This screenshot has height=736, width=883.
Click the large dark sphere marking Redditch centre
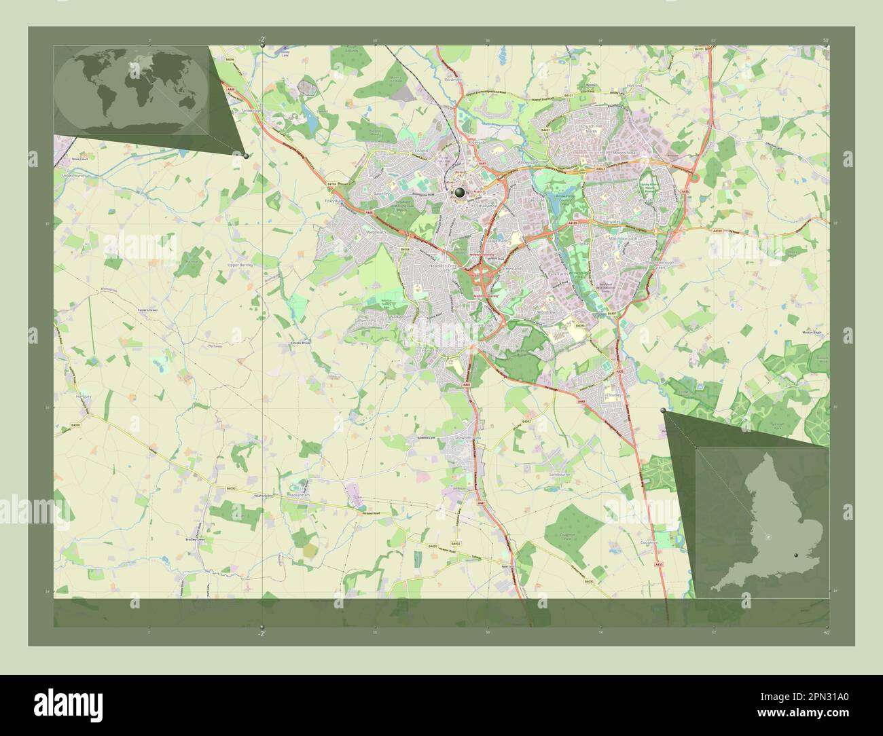(x=461, y=193)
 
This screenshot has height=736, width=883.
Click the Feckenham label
(x=300, y=496)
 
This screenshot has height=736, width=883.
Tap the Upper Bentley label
(x=240, y=265)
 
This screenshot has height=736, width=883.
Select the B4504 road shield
(x=406, y=250)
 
